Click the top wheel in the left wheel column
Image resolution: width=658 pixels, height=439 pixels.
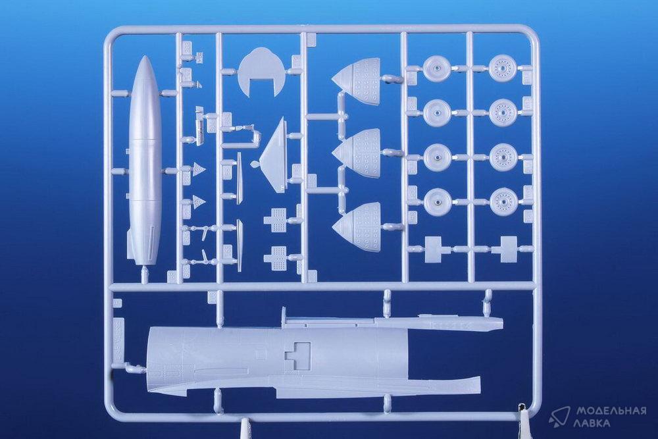click(x=437, y=68)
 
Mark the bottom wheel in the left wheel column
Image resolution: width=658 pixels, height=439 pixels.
click(x=438, y=201)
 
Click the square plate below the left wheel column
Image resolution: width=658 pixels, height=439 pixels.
click(x=435, y=248)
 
